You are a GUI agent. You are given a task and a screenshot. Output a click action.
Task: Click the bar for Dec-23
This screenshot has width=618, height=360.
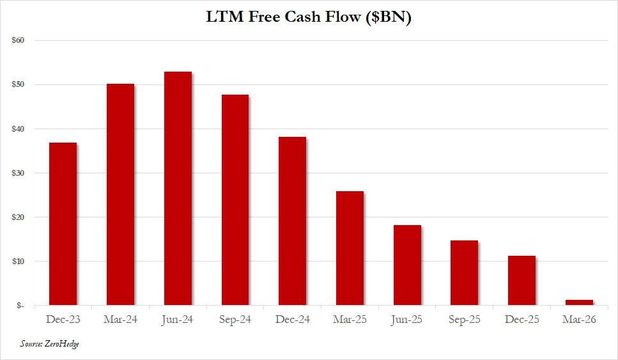pyautogui.click(x=63, y=224)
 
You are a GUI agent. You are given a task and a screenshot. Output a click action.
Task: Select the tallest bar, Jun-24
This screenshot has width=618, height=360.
pyautogui.click(x=178, y=189)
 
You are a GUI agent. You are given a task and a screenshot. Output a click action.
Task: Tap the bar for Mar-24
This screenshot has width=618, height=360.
pyautogui.click(x=120, y=194)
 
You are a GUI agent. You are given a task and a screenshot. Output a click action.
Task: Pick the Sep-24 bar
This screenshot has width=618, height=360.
pyautogui.click(x=235, y=200)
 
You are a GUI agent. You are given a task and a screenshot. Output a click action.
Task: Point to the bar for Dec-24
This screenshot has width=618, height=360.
pyautogui.click(x=292, y=221)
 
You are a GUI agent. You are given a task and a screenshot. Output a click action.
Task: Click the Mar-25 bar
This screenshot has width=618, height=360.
pyautogui.click(x=350, y=248)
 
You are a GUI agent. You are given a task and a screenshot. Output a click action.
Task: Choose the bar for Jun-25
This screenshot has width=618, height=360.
pyautogui.click(x=407, y=265)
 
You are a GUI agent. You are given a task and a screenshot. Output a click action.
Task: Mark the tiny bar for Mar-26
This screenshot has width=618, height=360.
pyautogui.click(x=579, y=302)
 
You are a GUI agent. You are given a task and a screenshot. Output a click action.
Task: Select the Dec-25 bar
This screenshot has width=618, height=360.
pyautogui.click(x=521, y=280)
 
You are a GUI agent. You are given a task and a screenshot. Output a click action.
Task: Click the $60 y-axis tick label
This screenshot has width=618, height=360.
pyautogui.click(x=18, y=40)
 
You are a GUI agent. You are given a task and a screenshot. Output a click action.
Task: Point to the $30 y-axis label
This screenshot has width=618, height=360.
pyautogui.click(x=18, y=173)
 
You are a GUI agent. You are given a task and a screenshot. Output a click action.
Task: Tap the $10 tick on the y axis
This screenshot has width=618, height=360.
pyautogui.click(x=18, y=262)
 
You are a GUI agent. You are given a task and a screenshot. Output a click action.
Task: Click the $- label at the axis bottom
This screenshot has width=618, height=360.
pyautogui.click(x=20, y=306)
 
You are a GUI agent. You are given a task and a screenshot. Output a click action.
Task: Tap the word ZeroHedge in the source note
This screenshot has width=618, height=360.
pyautogui.click(x=62, y=344)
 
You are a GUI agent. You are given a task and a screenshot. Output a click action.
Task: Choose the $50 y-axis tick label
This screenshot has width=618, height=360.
pyautogui.click(x=18, y=84)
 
